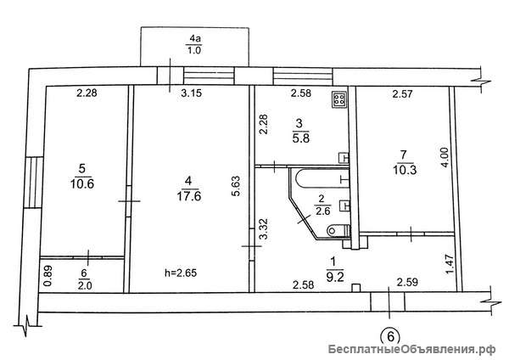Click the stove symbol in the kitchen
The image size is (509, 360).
click(339, 99)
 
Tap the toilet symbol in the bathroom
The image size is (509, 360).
click(338, 231)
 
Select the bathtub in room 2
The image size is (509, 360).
click(322, 177)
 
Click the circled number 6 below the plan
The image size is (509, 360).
click(390, 336)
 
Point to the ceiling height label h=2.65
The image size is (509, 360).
click(181, 273)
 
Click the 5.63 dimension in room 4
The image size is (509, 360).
click(236, 186)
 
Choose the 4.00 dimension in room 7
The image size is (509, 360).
click(445, 158)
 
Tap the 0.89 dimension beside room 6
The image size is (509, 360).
click(48, 276)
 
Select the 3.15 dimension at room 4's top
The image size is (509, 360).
click(192, 93)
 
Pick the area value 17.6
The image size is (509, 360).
click(189, 196)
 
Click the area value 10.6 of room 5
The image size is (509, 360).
click(82, 184)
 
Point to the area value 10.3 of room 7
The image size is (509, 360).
click(405, 170)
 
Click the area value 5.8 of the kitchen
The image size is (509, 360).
click(300, 138)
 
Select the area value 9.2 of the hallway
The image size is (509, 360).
click(335, 278)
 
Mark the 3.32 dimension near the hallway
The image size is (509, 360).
click(265, 229)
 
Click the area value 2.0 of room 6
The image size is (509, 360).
click(85, 285)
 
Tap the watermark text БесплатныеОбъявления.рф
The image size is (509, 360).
click(412, 350)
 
